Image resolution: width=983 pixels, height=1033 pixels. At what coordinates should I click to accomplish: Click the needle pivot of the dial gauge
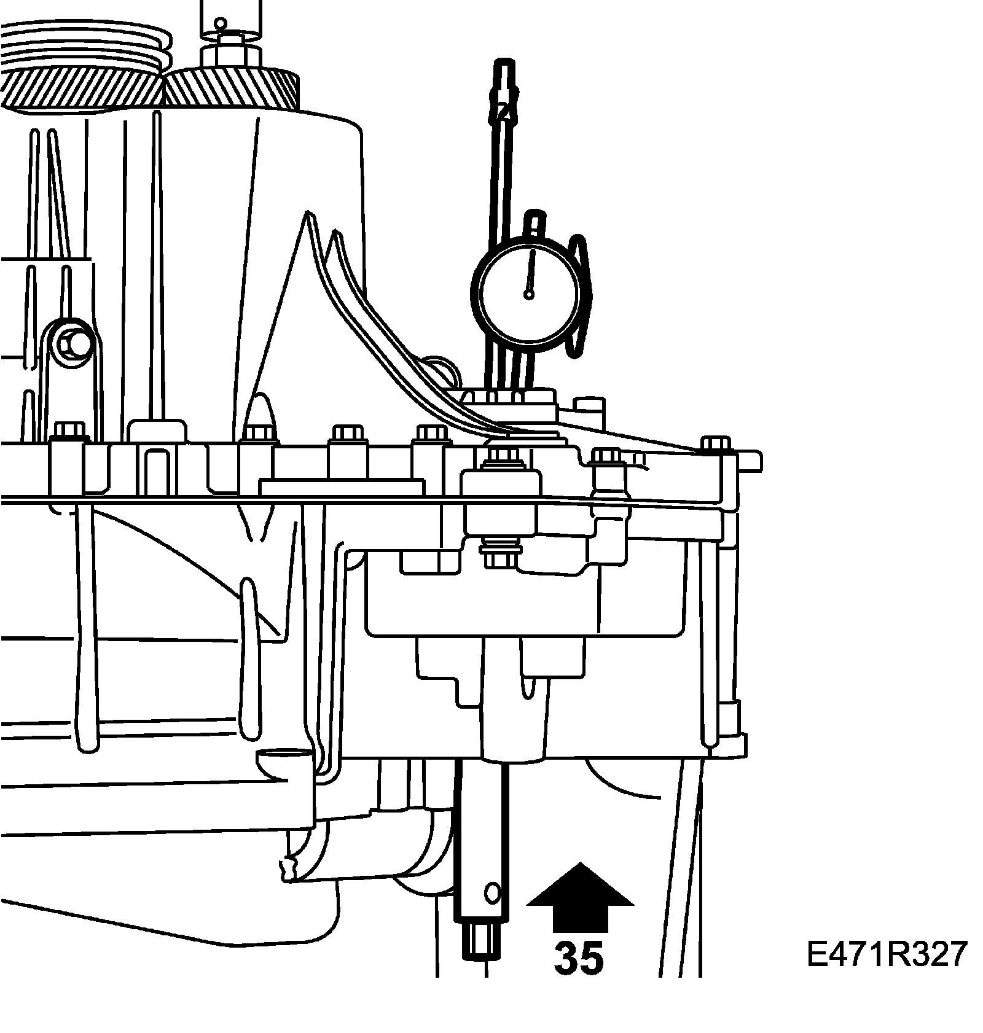click(x=528, y=294)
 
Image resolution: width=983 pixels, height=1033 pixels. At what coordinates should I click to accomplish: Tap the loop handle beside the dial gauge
click(x=580, y=295)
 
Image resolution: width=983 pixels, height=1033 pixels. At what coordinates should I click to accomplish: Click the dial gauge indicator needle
click(x=531, y=270)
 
